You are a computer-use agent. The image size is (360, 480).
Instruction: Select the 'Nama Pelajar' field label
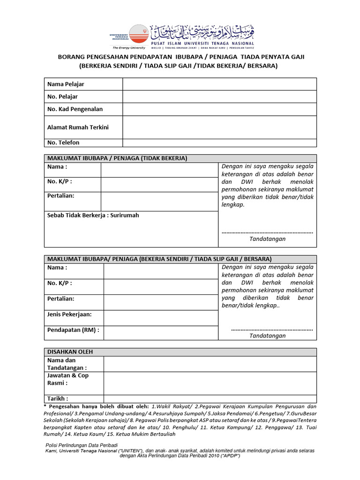tap(66, 84)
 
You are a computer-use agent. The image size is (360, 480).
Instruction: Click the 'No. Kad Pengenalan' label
tap(75, 109)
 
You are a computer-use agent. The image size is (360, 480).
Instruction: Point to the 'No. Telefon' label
tap(63, 142)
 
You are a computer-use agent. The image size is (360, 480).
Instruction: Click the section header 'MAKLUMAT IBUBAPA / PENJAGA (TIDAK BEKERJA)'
tap(116, 158)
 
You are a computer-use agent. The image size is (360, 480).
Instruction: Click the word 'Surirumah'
tap(125, 216)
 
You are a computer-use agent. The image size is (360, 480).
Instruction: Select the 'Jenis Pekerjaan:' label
tap(69, 314)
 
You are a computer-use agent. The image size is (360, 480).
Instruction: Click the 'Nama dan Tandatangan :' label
tap(67, 364)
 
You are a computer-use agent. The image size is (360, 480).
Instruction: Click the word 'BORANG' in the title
tap(71, 57)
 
